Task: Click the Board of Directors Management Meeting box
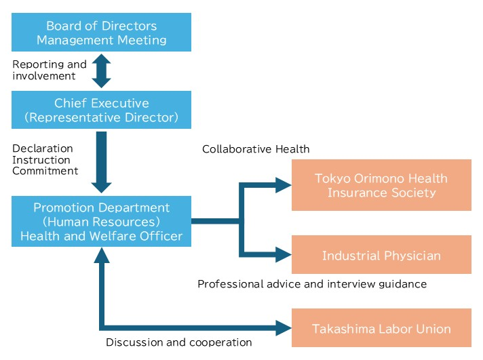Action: [x=101, y=33]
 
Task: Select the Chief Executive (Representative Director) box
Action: [x=101, y=110]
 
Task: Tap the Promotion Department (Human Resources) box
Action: [x=101, y=214]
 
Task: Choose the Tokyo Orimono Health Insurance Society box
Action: [x=381, y=185]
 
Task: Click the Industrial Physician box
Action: [x=381, y=255]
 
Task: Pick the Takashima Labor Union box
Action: [x=381, y=328]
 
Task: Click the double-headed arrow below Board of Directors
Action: [x=101, y=71]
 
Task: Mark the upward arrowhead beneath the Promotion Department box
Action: [x=101, y=256]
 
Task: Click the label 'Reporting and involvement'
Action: [x=50, y=71]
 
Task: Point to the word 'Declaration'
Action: [x=43, y=148]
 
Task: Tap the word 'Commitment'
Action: [x=45, y=171]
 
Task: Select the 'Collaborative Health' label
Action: [x=256, y=149]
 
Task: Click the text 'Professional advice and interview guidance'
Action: [x=312, y=283]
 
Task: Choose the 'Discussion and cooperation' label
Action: [x=179, y=342]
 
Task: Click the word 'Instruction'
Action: [x=41, y=160]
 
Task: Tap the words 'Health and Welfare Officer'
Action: [x=101, y=235]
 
